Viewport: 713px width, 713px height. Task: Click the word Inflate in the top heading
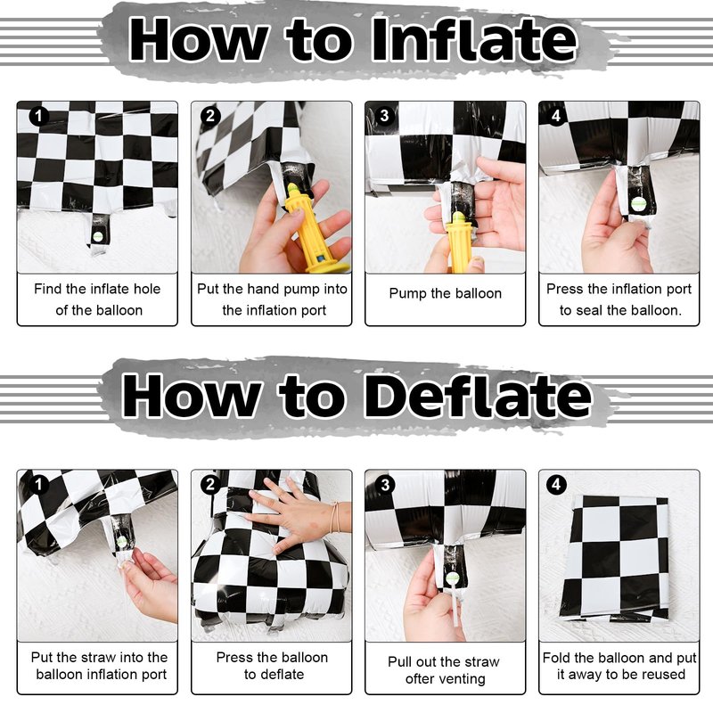click(x=474, y=40)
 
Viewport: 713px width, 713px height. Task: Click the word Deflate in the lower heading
click(x=478, y=396)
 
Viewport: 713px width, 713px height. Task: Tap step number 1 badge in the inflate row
click(x=38, y=116)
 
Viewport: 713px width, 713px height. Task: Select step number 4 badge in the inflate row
click(x=556, y=116)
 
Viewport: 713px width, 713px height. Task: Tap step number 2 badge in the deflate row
click(x=210, y=484)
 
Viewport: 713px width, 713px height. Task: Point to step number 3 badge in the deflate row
click(x=385, y=484)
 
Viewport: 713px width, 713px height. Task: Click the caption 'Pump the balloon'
click(x=445, y=294)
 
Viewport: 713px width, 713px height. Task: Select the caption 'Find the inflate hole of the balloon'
click(x=97, y=299)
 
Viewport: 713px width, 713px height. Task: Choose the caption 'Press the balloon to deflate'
click(x=273, y=666)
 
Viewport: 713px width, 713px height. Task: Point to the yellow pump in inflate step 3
click(x=461, y=243)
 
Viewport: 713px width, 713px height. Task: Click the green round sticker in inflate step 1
click(x=98, y=236)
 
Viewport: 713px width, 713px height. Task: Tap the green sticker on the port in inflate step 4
click(x=637, y=204)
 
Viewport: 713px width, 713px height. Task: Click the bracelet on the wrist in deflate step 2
click(x=336, y=517)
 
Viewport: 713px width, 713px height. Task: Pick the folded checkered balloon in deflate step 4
click(x=615, y=559)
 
